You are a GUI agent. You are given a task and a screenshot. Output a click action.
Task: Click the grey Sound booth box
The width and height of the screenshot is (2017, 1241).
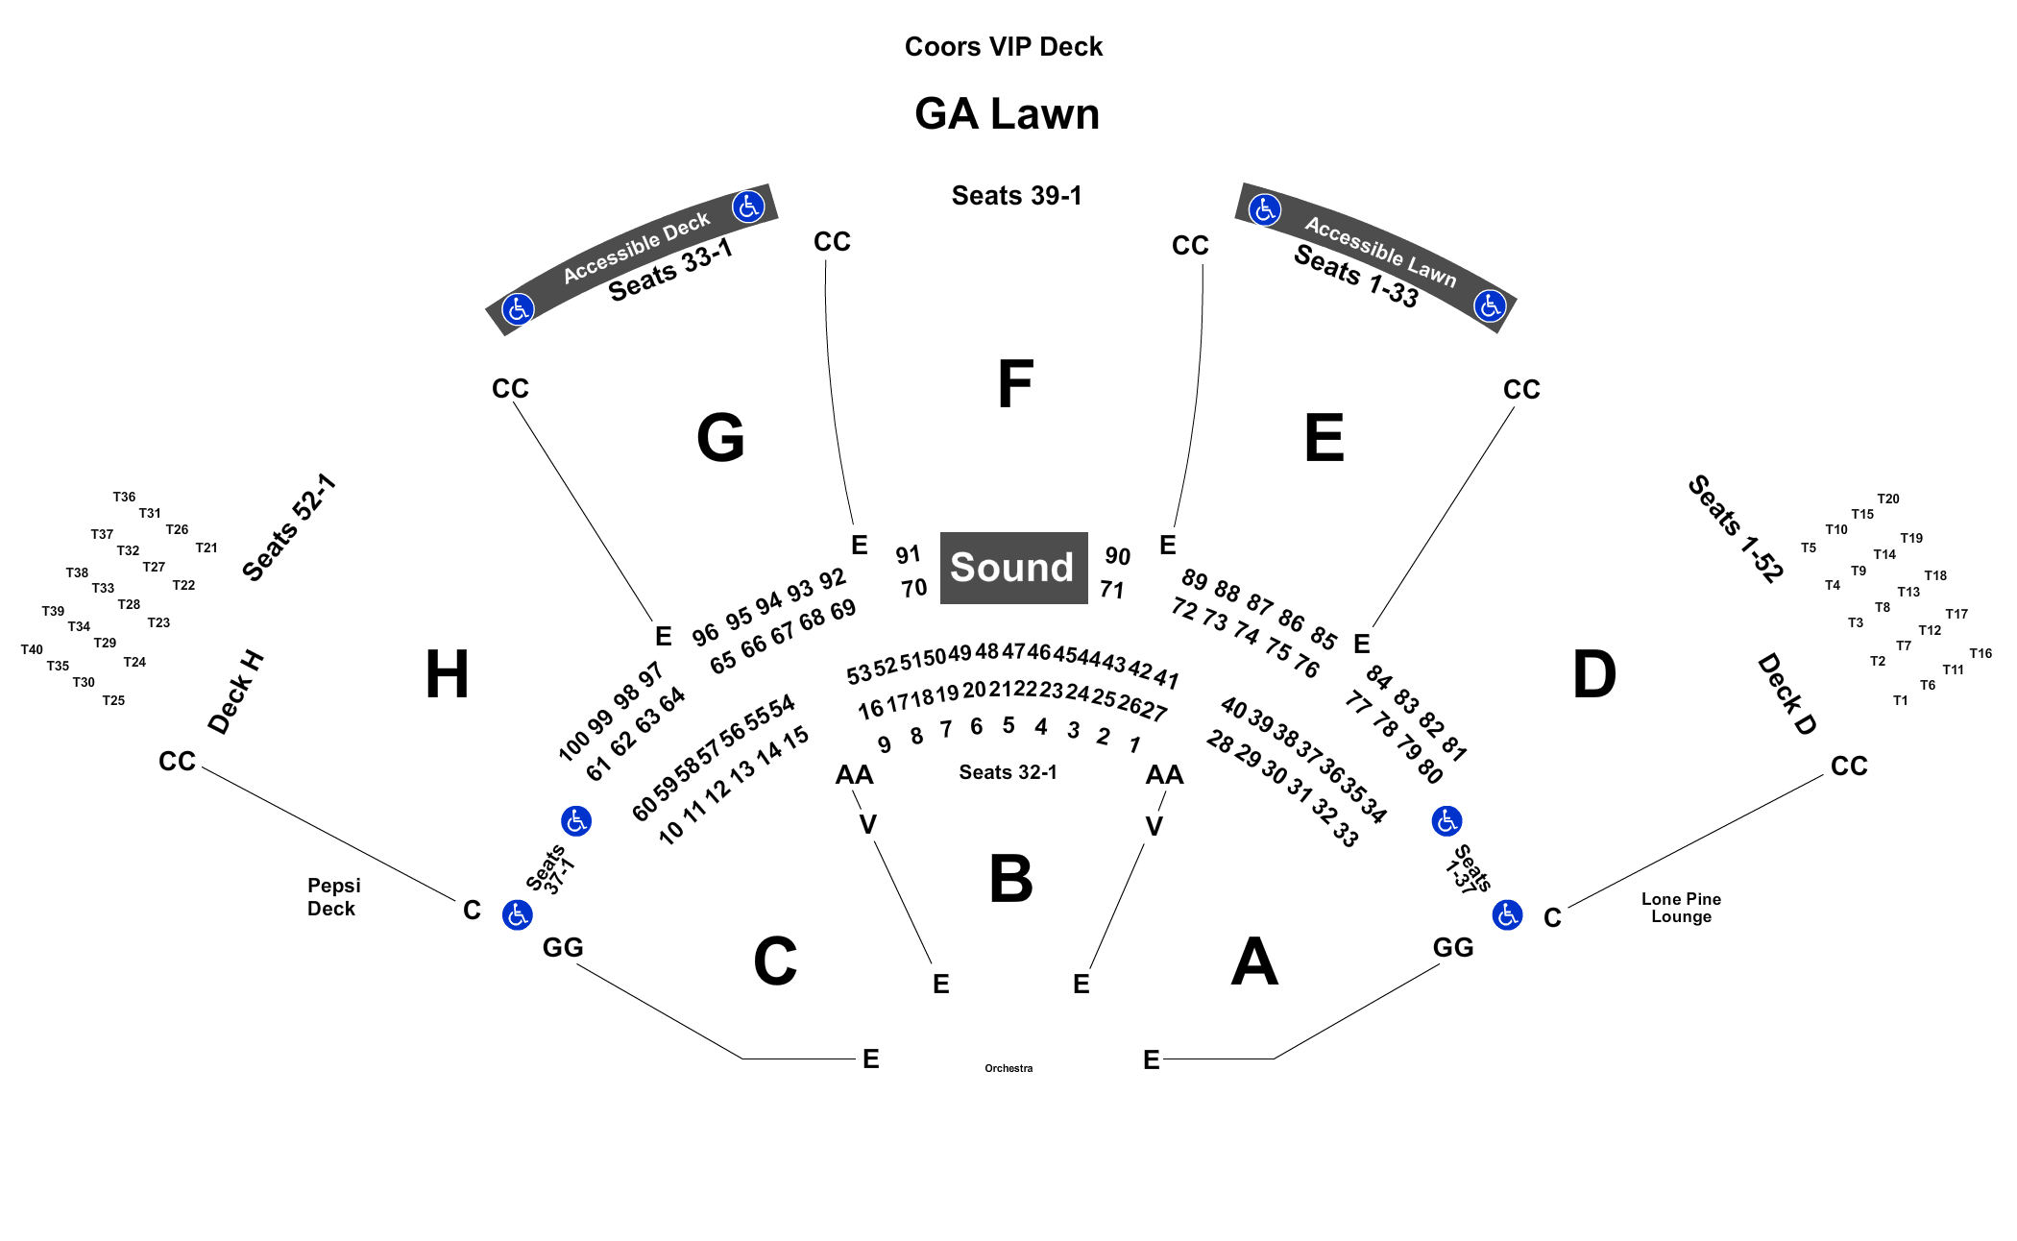(1013, 568)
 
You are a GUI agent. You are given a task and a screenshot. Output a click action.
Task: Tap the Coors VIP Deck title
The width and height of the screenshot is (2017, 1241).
(1004, 47)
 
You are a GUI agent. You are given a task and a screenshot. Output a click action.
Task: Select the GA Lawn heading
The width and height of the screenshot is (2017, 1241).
(1007, 114)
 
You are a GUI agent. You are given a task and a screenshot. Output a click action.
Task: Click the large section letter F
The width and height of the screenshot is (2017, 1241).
(1015, 384)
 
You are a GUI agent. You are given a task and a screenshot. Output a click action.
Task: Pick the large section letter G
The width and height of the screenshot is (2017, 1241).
(720, 437)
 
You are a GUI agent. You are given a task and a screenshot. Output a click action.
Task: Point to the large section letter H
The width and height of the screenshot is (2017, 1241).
(447, 673)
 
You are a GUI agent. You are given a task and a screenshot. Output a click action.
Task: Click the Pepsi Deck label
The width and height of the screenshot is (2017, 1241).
(333, 897)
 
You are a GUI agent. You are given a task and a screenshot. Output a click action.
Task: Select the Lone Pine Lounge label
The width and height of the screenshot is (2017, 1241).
(1681, 908)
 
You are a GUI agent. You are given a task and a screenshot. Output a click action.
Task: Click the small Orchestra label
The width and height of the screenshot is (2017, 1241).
(1008, 1068)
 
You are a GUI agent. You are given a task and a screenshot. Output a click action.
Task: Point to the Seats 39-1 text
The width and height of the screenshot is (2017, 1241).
(1016, 196)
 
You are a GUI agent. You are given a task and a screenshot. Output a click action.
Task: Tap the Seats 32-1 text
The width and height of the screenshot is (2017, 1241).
(1008, 772)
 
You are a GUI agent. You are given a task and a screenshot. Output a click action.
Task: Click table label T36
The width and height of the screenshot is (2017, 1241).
(124, 498)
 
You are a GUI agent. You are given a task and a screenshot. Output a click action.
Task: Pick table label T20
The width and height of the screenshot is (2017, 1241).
(1888, 499)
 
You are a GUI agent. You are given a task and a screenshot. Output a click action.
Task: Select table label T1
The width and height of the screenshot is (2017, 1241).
(1900, 700)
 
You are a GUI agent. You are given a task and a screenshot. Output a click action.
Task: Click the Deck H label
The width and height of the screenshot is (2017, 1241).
(236, 693)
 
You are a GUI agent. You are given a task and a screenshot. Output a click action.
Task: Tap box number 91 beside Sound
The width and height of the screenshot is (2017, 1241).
(908, 555)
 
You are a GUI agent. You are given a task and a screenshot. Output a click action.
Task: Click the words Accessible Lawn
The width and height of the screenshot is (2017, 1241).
(1380, 252)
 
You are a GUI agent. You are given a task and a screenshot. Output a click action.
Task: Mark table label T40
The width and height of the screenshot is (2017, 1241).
(32, 649)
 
